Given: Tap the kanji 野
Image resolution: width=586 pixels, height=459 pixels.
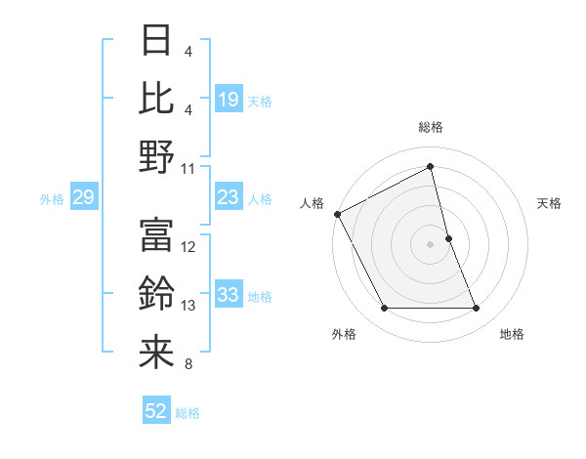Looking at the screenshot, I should click(156, 156).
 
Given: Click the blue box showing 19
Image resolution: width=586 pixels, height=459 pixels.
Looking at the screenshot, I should click(229, 100).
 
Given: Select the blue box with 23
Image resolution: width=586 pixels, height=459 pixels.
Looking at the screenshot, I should click(229, 198).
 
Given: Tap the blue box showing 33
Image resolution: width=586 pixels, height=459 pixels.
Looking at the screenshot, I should click(229, 296).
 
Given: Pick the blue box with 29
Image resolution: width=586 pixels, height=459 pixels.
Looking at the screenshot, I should click(83, 198).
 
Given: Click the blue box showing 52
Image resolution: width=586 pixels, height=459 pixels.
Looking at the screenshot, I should click(156, 412).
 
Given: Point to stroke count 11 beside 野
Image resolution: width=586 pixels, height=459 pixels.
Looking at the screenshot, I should click(189, 169).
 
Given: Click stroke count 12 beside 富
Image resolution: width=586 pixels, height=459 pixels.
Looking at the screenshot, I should click(189, 247).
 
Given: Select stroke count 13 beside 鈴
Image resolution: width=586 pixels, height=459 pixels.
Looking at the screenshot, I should click(189, 306).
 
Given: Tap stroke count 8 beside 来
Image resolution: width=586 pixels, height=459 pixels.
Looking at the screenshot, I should click(188, 364).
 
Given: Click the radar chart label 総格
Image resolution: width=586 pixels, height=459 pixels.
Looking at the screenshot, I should click(431, 127).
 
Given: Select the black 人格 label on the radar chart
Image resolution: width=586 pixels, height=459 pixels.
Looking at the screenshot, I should click(313, 203).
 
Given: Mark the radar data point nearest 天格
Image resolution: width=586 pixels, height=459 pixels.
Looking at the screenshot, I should click(448, 237).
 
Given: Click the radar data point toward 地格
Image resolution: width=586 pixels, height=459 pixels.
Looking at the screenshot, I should click(477, 309).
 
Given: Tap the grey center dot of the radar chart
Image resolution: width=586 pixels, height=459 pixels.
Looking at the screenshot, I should click(430, 243).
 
